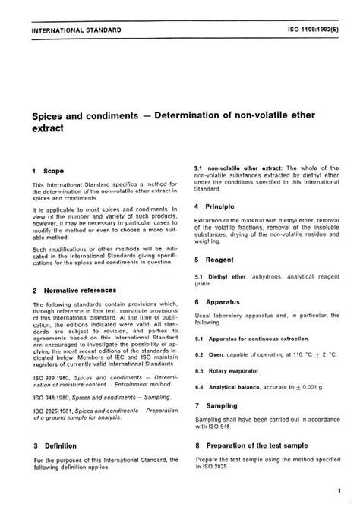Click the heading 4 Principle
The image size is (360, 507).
point(217,206)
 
